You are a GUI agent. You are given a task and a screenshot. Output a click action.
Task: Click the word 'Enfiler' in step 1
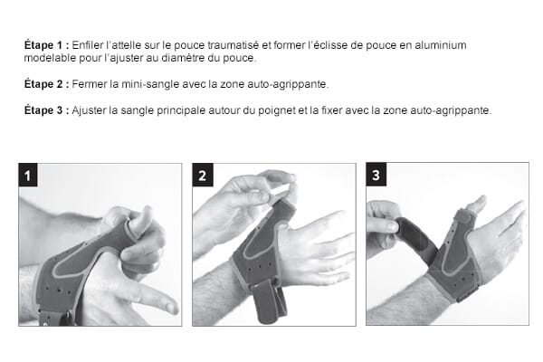(x=88, y=44)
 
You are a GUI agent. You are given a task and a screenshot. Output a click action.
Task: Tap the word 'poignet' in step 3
(x=277, y=110)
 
